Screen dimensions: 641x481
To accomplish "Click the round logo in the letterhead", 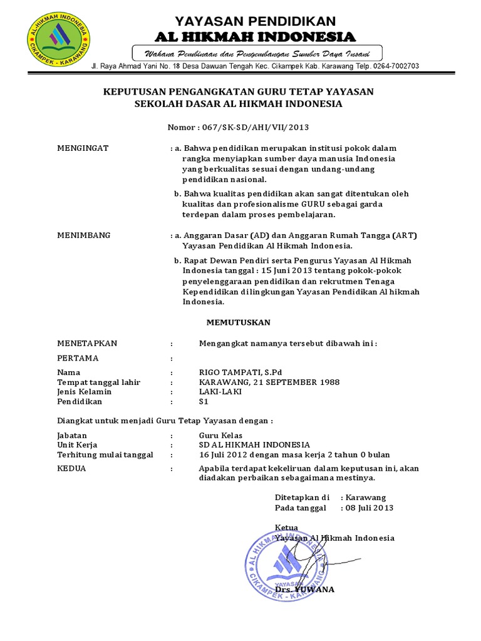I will coord(58,40).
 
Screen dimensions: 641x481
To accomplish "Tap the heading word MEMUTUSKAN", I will coord(239,322).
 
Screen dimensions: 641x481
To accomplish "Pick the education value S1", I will coord(204,402).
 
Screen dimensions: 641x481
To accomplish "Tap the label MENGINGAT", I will coord(83,148).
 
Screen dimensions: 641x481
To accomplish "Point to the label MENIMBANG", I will coord(84,235).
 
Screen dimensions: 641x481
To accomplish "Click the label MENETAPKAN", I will coord(87,343).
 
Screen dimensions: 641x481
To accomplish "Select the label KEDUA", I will coord(72,468).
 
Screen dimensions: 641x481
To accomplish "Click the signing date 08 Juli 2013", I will coord(370,508).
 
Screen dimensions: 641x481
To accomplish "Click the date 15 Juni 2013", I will coord(297,270).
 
